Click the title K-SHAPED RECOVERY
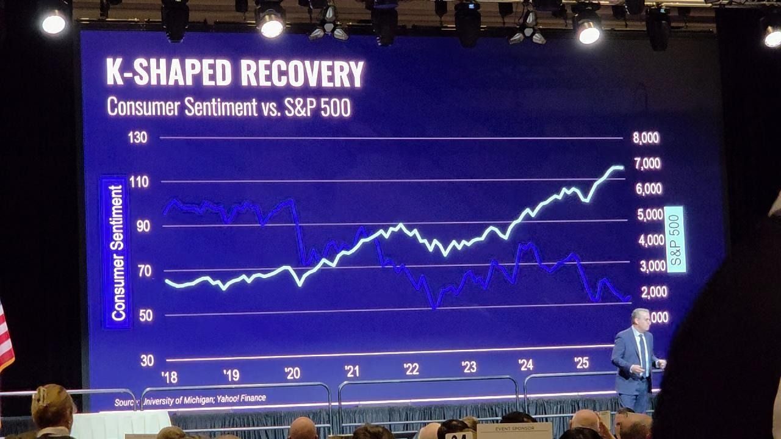coord(235,73)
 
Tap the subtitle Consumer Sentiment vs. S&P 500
coord(229,107)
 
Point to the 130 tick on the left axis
coord(137,137)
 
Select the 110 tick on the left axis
coord(139,182)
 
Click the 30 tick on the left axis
coord(147,360)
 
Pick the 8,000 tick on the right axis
coord(646,138)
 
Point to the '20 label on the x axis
coord(292,373)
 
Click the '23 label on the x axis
coord(469,367)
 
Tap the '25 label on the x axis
coord(581,363)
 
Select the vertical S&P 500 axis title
coord(675,239)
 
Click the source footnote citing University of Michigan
coord(190,399)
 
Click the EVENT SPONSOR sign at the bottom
coord(514,429)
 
